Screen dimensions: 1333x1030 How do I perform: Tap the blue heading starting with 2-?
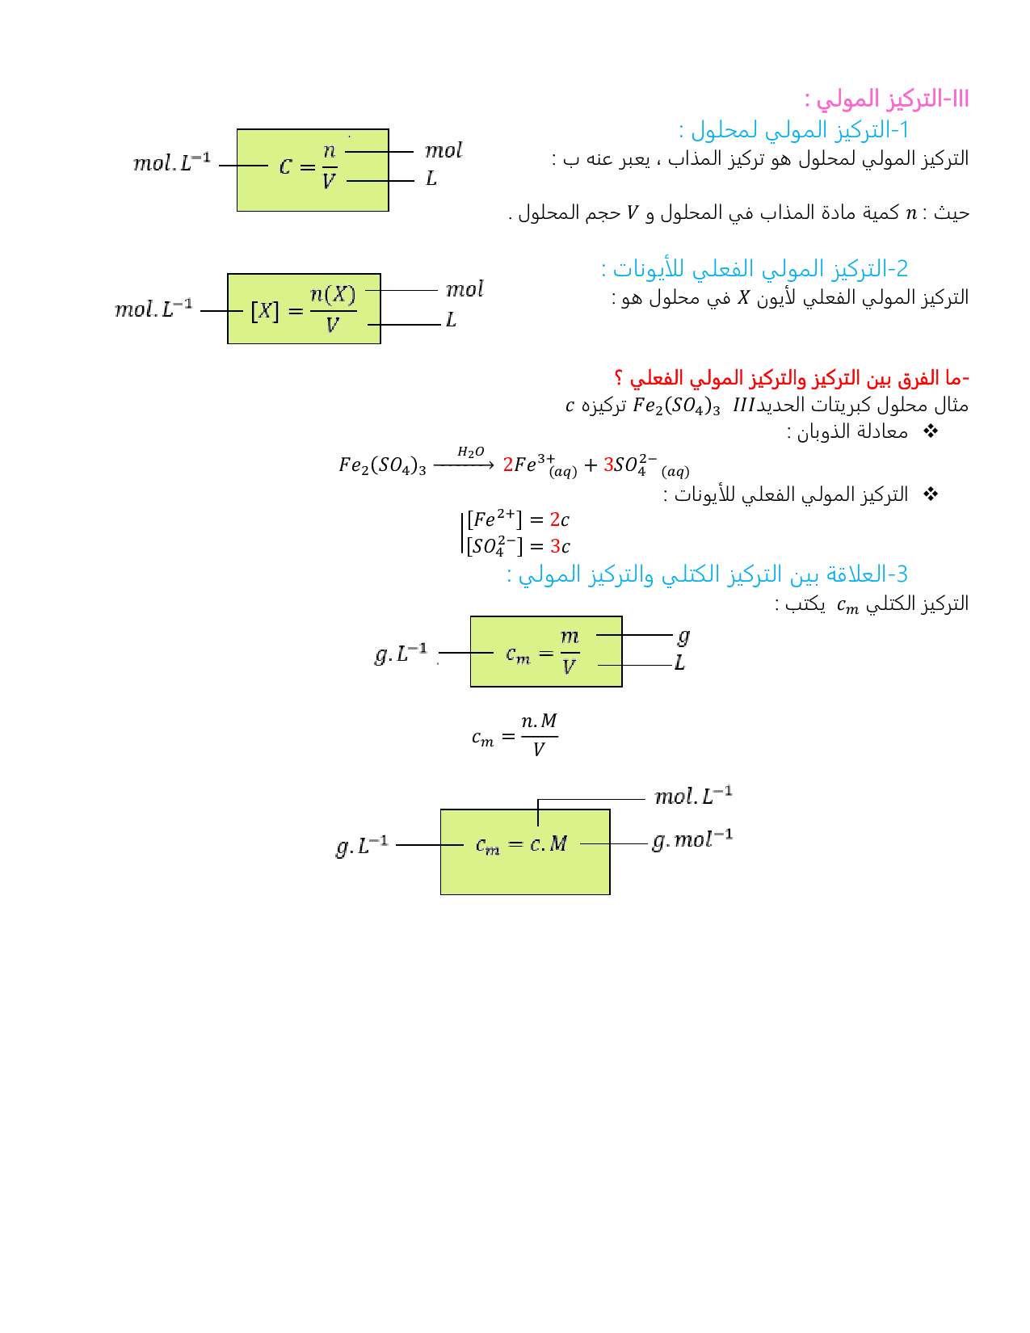click(x=755, y=268)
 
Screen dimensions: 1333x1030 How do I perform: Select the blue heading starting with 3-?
click(x=707, y=574)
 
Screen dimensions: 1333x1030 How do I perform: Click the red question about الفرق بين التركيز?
click(x=791, y=378)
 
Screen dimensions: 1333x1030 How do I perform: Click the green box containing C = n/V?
click(x=313, y=170)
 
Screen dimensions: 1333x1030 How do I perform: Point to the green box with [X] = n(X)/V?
click(x=304, y=309)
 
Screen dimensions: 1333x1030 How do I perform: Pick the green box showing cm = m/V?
click(x=546, y=652)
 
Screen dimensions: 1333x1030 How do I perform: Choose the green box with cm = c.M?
click(x=525, y=852)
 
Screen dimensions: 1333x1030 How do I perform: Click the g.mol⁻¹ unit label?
click(x=692, y=840)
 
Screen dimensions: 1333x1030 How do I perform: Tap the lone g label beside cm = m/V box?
click(x=683, y=637)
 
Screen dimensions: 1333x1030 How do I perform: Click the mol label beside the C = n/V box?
click(x=444, y=151)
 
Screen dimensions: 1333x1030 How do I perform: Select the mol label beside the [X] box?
click(x=465, y=290)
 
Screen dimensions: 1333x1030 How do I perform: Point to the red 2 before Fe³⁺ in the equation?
click(x=508, y=465)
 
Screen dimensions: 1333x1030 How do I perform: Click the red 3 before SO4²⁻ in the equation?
click(x=608, y=465)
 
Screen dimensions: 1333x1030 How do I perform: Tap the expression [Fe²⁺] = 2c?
click(x=518, y=519)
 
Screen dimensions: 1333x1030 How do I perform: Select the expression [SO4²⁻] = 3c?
click(x=518, y=546)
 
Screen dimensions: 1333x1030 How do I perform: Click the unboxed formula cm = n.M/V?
click(x=515, y=735)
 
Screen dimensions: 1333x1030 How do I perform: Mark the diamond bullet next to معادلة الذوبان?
click(x=931, y=431)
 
